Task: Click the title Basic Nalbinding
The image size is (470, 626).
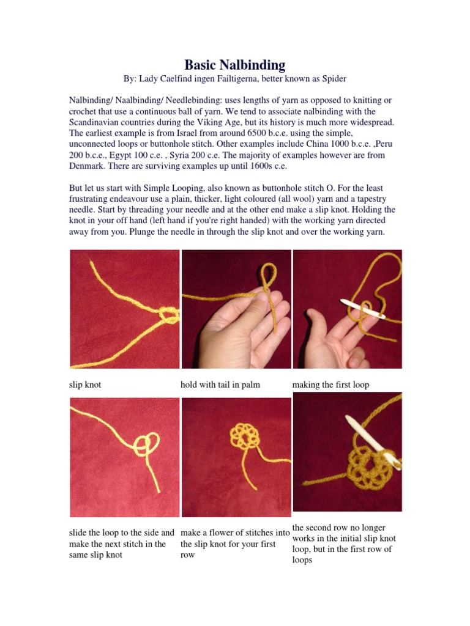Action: tap(235, 65)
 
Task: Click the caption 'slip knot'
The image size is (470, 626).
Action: tap(85, 385)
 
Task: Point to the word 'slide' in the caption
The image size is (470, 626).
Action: tap(80, 532)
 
